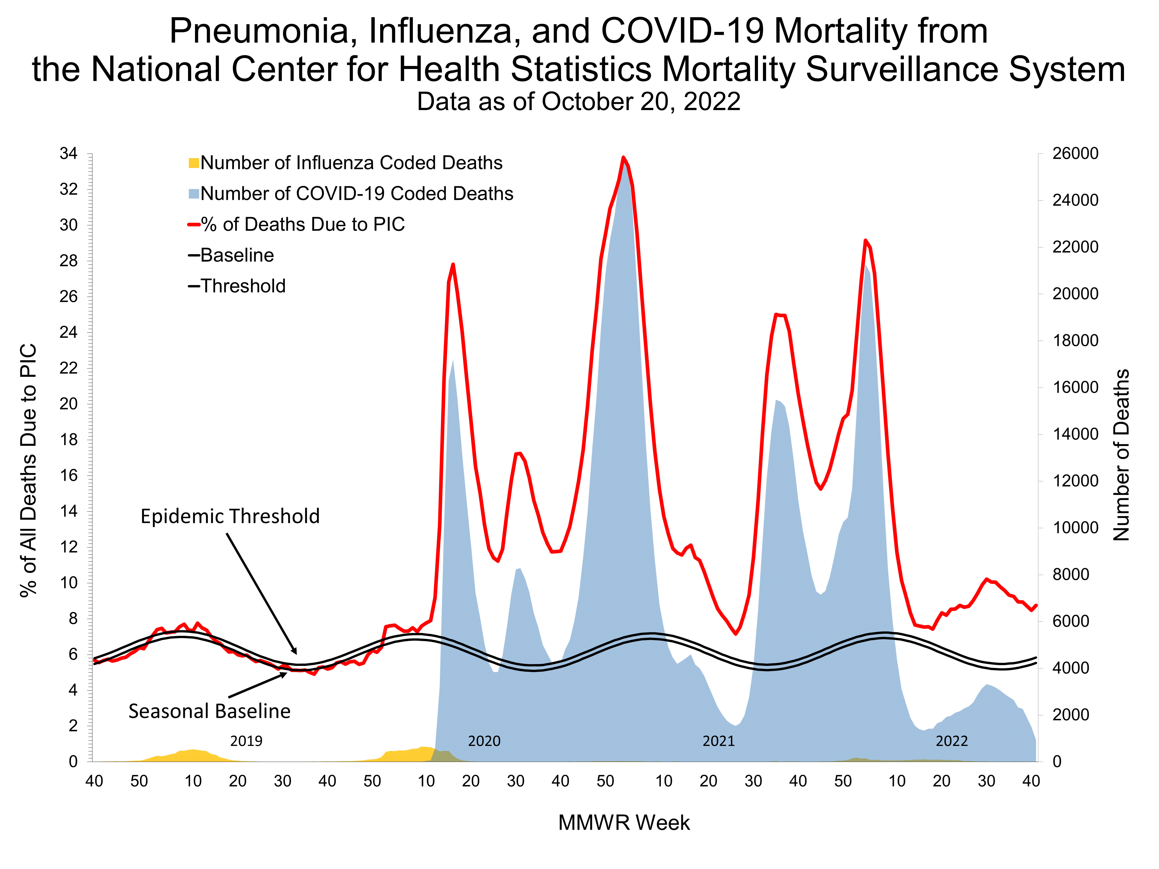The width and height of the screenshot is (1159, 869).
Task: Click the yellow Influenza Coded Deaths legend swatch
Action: point(193,163)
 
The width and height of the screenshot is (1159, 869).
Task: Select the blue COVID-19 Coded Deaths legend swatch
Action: point(193,194)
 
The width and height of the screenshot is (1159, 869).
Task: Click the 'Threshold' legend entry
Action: point(243,286)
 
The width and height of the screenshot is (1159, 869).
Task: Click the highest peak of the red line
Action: point(623,157)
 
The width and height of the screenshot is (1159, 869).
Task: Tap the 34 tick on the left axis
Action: point(69,153)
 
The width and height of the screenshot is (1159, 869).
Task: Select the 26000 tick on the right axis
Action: point(1075,153)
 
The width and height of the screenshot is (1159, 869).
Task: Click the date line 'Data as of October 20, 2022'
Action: point(578,102)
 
